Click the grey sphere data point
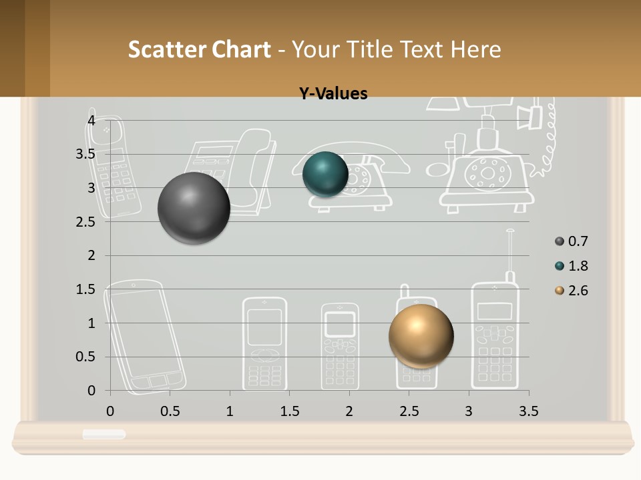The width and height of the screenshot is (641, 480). [194, 208]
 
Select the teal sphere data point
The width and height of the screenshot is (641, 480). [325, 174]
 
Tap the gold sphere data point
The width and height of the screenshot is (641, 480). [421, 336]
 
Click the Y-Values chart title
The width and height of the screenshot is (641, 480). [333, 94]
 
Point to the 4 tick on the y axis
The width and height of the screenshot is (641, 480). [91, 120]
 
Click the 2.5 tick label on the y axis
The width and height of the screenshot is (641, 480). [85, 222]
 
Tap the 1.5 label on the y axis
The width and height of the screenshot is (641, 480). [85, 289]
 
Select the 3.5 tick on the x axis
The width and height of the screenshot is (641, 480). [528, 411]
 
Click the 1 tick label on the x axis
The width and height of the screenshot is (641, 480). [230, 411]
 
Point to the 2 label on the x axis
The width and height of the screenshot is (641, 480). [349, 411]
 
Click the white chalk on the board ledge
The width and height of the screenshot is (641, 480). [104, 434]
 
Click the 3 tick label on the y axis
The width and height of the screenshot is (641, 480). [91, 188]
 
